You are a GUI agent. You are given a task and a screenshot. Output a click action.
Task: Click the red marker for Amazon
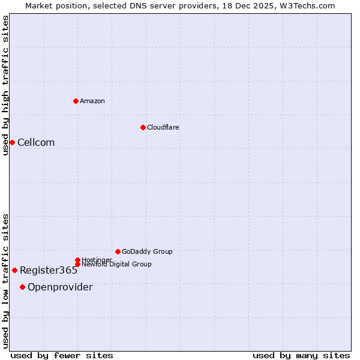click(x=76, y=101)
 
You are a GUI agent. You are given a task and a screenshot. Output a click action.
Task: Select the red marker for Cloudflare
click(x=143, y=127)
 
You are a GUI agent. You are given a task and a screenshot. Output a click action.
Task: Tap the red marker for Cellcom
click(x=12, y=142)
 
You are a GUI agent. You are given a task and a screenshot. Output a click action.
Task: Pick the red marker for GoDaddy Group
click(x=118, y=251)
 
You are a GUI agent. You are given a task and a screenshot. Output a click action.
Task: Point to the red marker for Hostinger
click(x=77, y=260)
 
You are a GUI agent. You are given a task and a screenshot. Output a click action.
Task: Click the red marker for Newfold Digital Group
click(x=77, y=264)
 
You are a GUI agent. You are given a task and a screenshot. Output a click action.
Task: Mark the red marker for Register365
click(x=14, y=270)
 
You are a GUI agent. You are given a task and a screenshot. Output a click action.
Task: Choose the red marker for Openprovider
click(x=22, y=287)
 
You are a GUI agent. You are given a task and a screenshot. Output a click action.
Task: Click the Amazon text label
click(x=92, y=101)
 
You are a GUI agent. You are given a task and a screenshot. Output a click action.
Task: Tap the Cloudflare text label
click(x=163, y=127)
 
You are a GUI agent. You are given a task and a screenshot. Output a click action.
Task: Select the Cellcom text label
click(x=36, y=142)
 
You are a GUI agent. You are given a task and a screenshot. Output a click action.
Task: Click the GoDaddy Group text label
click(x=147, y=251)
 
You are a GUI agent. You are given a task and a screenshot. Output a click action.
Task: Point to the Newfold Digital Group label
click(x=116, y=264)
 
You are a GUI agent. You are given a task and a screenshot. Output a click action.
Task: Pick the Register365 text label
click(x=49, y=270)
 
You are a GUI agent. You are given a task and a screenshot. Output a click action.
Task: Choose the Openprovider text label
click(x=60, y=287)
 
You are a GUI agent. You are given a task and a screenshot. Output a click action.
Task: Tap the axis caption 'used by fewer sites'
click(x=62, y=355)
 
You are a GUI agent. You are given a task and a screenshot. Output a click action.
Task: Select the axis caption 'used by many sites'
click(x=301, y=355)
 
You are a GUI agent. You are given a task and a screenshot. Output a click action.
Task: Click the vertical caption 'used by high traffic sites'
click(x=6, y=85)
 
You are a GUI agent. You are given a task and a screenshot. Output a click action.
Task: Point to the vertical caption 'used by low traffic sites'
click(x=6, y=281)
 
